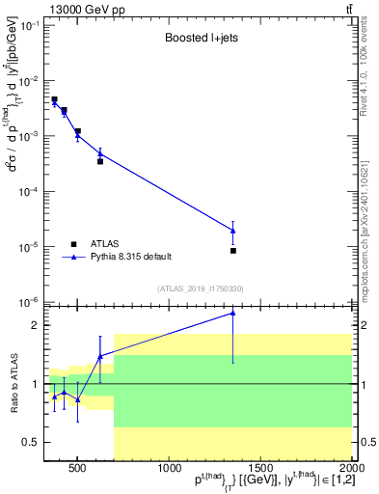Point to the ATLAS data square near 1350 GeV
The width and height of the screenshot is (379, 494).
(233, 251)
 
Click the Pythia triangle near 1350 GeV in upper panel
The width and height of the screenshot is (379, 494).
(233, 230)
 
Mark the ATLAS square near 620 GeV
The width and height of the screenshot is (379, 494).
(100, 161)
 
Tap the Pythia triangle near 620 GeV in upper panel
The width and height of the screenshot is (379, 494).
(100, 153)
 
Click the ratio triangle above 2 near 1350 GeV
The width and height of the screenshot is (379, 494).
(233, 313)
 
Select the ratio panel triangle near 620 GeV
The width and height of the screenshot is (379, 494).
(100, 356)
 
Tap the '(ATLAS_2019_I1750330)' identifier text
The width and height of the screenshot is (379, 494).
(199, 288)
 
